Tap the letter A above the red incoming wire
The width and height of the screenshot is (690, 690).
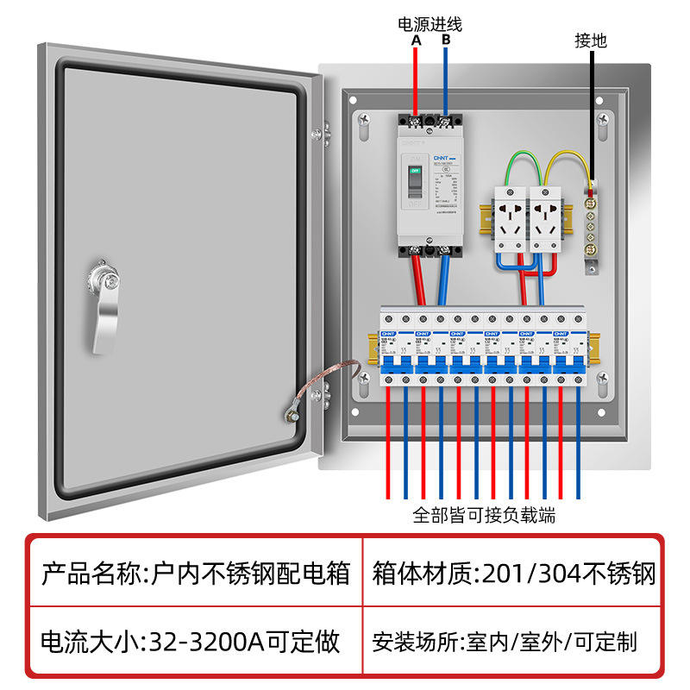coord(416,40)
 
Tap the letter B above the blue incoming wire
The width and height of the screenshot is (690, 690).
coord(446,40)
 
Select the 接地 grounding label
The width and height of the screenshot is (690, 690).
coord(592,40)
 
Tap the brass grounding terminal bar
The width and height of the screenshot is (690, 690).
coord(593,227)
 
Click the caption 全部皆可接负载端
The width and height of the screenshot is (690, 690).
coord(484,516)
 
